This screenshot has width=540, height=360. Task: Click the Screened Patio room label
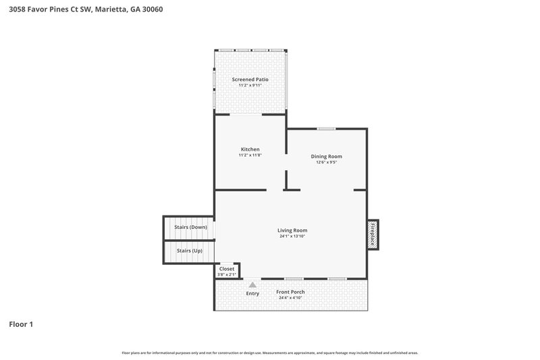(x=250, y=80)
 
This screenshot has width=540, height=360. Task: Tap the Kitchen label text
(x=250, y=149)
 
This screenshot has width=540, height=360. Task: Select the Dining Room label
(x=326, y=156)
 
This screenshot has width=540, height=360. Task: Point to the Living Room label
(x=293, y=230)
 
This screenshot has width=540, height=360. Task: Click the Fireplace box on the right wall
(x=373, y=234)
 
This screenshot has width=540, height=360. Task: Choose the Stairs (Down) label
(x=190, y=227)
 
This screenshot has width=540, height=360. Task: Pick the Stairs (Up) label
(x=189, y=251)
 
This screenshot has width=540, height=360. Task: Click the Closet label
(x=227, y=269)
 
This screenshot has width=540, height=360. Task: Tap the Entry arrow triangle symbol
(x=252, y=285)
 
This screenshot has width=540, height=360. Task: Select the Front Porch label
(x=290, y=292)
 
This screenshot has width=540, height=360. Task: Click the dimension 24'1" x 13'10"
(x=293, y=236)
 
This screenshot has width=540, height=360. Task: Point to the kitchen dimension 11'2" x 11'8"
(x=250, y=155)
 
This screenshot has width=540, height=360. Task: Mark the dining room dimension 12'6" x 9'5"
(x=326, y=162)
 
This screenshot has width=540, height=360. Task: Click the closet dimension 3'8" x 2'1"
(x=227, y=274)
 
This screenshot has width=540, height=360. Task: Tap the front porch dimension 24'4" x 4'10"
(x=290, y=298)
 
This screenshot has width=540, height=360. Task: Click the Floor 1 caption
(x=21, y=324)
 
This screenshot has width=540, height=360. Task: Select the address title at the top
(x=85, y=9)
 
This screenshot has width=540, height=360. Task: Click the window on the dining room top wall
(x=327, y=128)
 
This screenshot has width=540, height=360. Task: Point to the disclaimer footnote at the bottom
(x=270, y=353)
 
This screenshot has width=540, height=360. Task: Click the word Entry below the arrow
(x=252, y=293)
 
